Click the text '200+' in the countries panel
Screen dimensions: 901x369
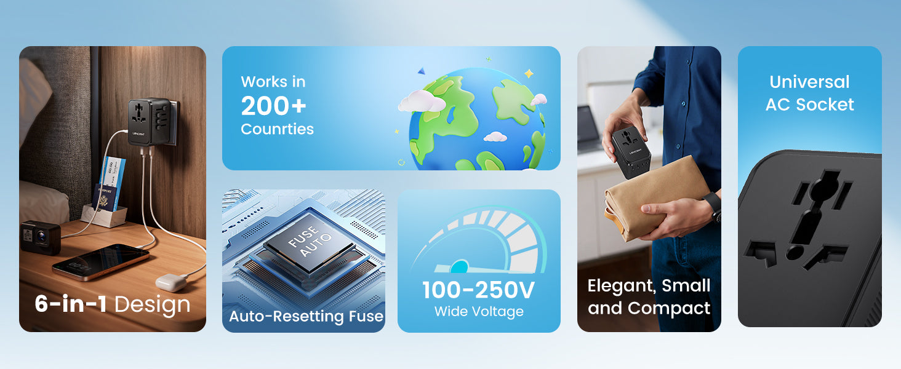pos(273,106)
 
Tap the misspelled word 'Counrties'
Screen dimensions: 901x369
pos(277,129)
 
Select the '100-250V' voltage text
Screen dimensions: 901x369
pos(479,290)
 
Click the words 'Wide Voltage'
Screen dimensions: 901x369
pos(479,312)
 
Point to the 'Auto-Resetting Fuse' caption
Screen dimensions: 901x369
pos(306,316)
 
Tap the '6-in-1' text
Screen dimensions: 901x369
pos(71,303)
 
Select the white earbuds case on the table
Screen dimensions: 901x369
pos(172,282)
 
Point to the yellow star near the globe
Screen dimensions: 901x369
pos(529,74)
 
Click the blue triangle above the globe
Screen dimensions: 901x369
pos(421,71)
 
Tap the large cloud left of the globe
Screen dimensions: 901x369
pos(421,101)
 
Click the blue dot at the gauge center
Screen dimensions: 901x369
pos(459,266)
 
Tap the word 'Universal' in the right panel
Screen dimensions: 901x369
pos(809,82)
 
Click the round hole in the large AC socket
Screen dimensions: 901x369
pos(795,252)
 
